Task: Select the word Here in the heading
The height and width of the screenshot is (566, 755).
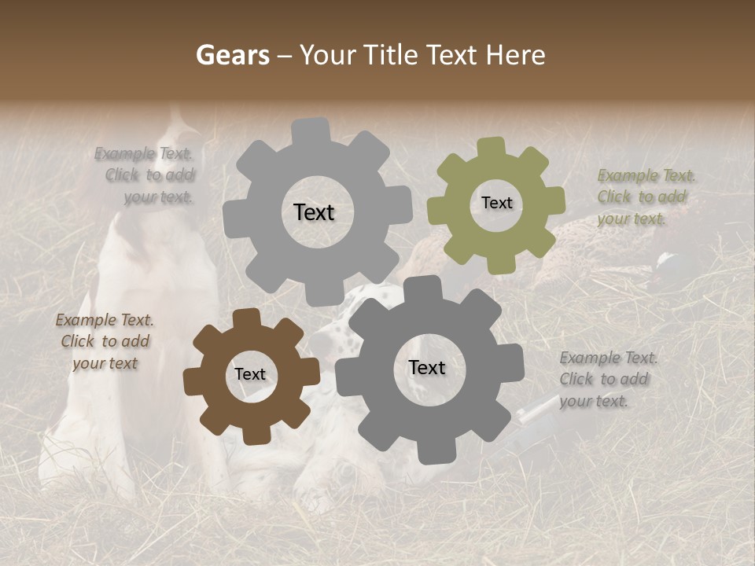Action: coord(516,55)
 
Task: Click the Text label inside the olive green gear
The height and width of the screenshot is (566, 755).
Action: coord(496,203)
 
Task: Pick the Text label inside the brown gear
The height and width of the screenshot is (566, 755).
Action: coord(250,374)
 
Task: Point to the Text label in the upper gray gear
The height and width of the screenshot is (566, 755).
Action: coord(314,212)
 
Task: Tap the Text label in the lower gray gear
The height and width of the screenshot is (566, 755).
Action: coord(426,367)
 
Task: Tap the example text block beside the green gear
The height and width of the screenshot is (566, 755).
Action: coord(644,197)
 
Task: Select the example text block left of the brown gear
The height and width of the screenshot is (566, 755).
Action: coord(105,341)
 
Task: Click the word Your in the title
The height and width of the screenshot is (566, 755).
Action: coord(329,55)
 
